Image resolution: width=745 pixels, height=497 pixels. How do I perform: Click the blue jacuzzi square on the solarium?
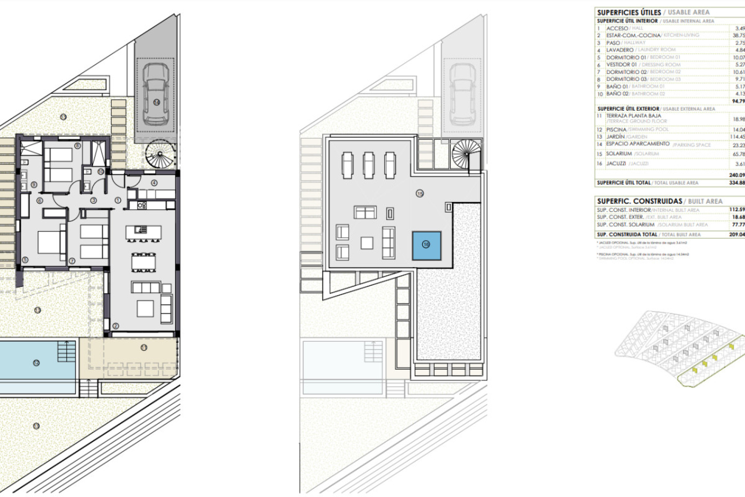tap(426, 245)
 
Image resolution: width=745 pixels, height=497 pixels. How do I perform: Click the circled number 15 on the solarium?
tap(419, 193)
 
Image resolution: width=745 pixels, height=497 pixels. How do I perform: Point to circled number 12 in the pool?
tap(36, 363)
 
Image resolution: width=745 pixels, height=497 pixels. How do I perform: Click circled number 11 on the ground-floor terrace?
tap(144, 348)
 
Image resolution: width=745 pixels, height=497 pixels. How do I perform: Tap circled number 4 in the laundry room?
tap(154, 182)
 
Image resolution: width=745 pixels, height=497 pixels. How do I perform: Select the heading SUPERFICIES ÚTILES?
tap(629, 12)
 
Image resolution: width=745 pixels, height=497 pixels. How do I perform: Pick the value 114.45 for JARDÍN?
tap(737, 137)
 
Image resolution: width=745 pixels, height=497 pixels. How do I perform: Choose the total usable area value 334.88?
tap(737, 183)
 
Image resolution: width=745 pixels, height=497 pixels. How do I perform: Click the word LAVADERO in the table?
tap(620, 50)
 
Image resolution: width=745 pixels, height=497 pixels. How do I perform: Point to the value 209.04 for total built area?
tap(737, 235)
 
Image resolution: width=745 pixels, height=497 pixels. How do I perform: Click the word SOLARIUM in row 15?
tap(619, 154)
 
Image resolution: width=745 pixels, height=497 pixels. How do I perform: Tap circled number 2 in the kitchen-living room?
tap(115, 326)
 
